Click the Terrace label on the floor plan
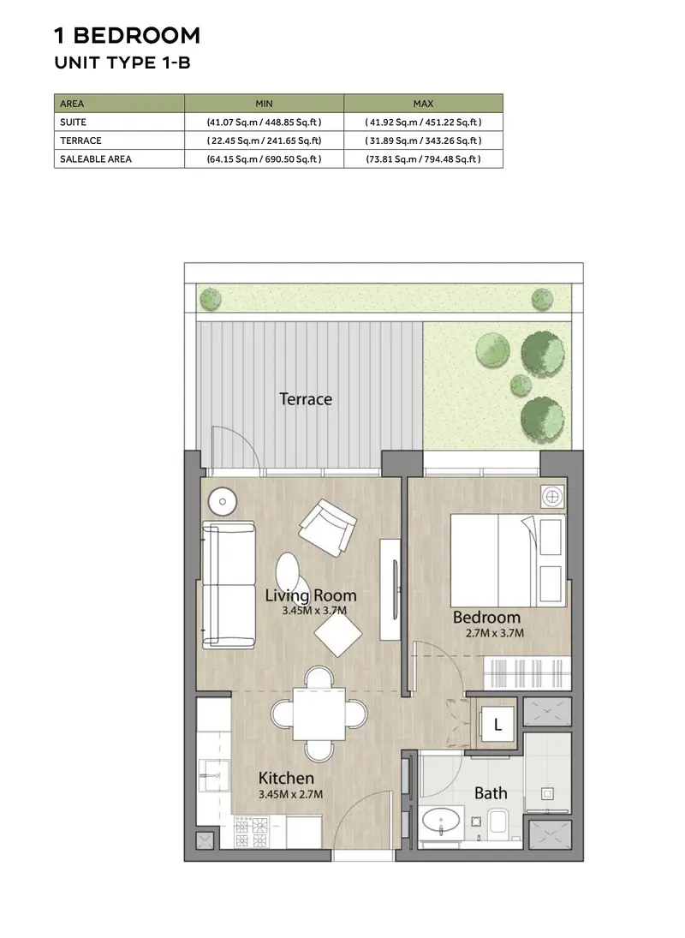point(306,399)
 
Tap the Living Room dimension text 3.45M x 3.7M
point(314,611)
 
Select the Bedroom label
point(486,617)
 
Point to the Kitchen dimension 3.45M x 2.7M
point(290,794)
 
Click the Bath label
point(491,793)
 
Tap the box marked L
point(498,726)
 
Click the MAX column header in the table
point(423,104)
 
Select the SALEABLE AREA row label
point(96,159)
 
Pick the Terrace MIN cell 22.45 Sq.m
point(265,140)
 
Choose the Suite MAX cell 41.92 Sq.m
point(423,122)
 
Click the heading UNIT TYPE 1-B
point(122,63)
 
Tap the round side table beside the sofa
point(223,501)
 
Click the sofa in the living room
point(229,585)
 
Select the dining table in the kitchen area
point(319,714)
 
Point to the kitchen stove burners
point(251,833)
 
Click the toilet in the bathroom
point(497,822)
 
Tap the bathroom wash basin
point(441,821)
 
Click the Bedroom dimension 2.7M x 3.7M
point(495,633)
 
